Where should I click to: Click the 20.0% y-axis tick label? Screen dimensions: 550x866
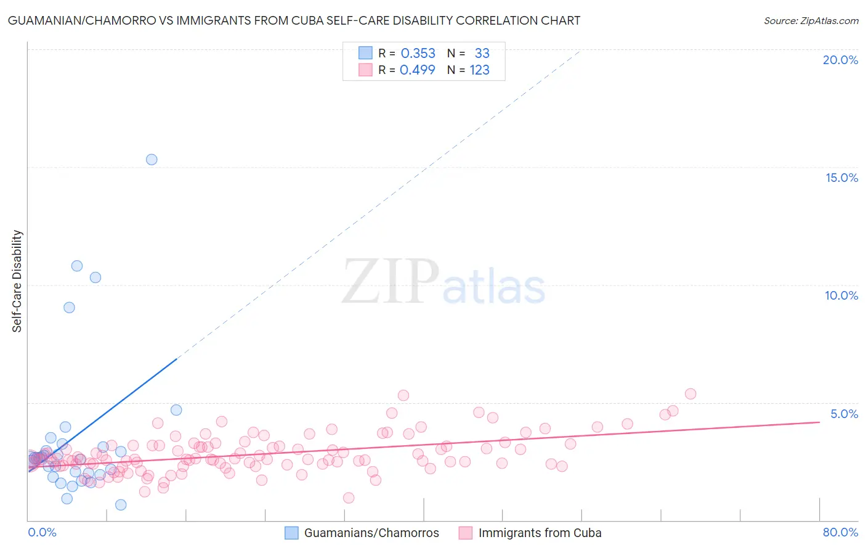pyautogui.click(x=840, y=60)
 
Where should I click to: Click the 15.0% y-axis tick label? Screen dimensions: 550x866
pyautogui.click(x=841, y=178)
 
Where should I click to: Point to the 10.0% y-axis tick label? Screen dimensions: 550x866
pyautogui.click(x=841, y=295)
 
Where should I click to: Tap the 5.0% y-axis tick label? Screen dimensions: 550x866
pyautogui.click(x=844, y=414)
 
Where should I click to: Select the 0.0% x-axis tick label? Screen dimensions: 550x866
pyautogui.click(x=42, y=532)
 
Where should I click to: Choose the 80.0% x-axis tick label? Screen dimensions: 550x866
pyautogui.click(x=840, y=532)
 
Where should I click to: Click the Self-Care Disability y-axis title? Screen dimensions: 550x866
pyautogui.click(x=17, y=281)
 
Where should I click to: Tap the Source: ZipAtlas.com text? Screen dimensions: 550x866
pyautogui.click(x=811, y=20)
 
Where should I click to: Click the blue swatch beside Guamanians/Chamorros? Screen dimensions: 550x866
pyautogui.click(x=291, y=533)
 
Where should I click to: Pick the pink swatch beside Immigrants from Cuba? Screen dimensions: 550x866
pyautogui.click(x=466, y=533)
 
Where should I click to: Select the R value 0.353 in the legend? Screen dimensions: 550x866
pyautogui.click(x=418, y=54)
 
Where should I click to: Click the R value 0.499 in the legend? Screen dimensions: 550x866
pyautogui.click(x=418, y=70)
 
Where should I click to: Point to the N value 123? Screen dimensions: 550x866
pyautogui.click(x=479, y=70)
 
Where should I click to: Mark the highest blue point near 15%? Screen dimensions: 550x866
pyautogui.click(x=152, y=160)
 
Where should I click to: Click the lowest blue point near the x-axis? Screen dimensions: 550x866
pyautogui.click(x=121, y=505)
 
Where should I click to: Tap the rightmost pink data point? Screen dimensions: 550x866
pyautogui.click(x=690, y=394)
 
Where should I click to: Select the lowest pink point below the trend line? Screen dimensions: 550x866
pyautogui.click(x=349, y=498)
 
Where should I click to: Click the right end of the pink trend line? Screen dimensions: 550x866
pyautogui.click(x=819, y=422)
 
